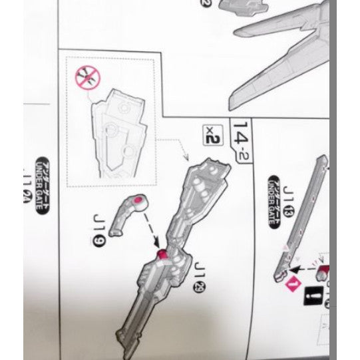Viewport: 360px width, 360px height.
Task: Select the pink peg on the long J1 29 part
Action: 162,253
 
